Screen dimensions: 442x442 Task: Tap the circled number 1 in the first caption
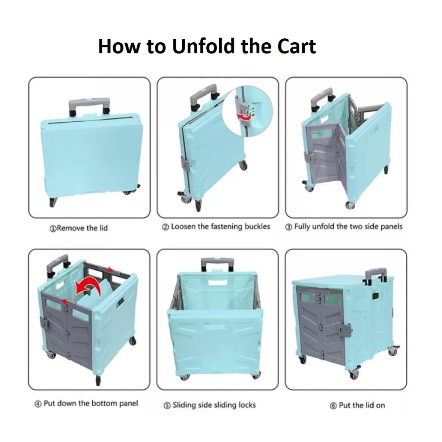click(x=52, y=228)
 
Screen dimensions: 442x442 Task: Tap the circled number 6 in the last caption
click(x=333, y=406)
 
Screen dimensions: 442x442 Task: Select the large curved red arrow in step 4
click(x=88, y=288)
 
